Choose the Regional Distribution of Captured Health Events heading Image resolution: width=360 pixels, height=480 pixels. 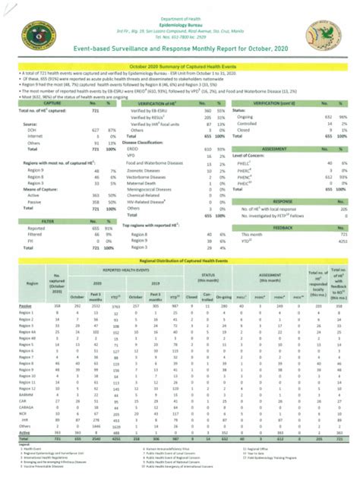point(180,261)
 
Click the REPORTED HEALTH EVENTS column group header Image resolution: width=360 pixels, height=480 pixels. point(122,270)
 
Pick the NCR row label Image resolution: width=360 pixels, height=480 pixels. point(21,413)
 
